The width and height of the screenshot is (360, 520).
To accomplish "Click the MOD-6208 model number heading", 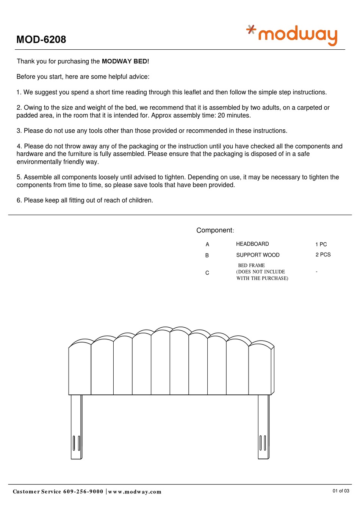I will click(x=41, y=39).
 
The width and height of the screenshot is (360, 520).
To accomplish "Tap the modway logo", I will click(x=292, y=35).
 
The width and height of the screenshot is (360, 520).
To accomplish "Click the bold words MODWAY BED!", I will click(x=125, y=61).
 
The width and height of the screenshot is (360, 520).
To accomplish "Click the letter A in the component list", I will click(x=207, y=245).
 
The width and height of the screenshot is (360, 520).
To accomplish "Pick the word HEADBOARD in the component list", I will click(x=252, y=244).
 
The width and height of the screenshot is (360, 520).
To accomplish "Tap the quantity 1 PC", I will click(x=321, y=245).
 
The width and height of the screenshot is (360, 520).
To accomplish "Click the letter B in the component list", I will click(x=207, y=256).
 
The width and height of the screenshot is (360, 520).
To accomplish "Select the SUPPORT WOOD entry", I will click(x=258, y=255).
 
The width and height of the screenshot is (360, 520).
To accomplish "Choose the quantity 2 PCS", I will click(x=323, y=255).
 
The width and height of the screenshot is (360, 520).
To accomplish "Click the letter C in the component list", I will click(x=207, y=273).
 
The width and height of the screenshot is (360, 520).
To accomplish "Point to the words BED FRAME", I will click(x=251, y=265).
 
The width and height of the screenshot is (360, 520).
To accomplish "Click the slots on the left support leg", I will click(x=77, y=443).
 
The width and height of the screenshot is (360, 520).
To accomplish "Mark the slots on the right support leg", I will click(x=263, y=443).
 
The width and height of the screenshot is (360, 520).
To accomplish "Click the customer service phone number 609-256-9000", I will click(x=83, y=492).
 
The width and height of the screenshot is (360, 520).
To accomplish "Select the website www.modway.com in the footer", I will click(x=135, y=492).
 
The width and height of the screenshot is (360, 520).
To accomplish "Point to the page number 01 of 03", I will click(x=341, y=491).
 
